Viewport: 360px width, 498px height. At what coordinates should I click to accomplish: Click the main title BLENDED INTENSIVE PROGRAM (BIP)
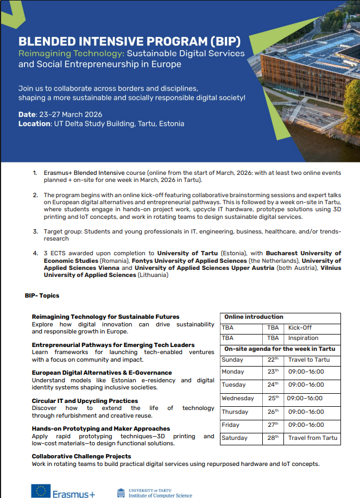tap(129, 42)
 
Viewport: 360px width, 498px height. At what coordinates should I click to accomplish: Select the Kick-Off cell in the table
tap(300, 328)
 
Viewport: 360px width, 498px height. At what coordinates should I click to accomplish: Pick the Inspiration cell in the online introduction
tap(303, 338)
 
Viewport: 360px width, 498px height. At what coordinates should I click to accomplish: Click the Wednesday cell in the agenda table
tap(238, 398)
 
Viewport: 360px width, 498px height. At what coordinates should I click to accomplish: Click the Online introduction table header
tap(254, 317)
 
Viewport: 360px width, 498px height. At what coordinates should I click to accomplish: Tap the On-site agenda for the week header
tap(280, 349)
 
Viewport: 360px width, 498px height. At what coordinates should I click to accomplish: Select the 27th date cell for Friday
tap(273, 425)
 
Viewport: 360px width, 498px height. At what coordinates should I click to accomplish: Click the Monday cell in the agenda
tap(233, 372)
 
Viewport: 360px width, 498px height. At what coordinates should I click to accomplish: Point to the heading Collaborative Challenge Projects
tap(81, 457)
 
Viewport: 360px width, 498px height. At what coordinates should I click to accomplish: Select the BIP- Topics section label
tap(42, 296)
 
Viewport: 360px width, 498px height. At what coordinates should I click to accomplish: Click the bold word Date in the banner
tap(27, 115)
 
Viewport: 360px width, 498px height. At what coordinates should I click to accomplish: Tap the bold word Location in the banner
tap(34, 124)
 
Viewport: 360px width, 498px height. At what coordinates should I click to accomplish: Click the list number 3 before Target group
tap(36, 232)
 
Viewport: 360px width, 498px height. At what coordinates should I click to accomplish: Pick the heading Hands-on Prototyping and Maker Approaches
tap(101, 429)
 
